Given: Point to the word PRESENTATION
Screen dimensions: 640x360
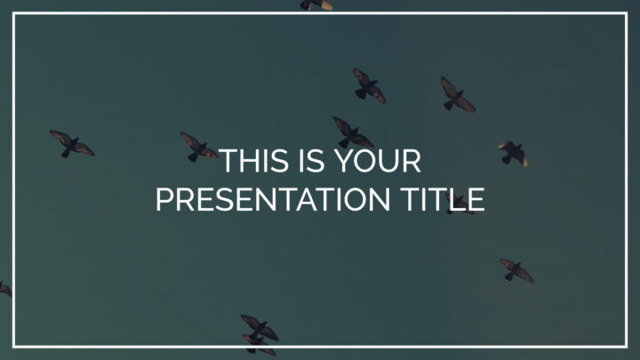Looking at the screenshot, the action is tap(273, 200).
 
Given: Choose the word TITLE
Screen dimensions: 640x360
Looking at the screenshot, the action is tap(443, 200).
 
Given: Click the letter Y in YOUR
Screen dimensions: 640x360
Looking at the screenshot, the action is tap(345, 161).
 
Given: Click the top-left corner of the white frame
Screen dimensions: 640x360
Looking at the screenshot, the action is tap(14, 13).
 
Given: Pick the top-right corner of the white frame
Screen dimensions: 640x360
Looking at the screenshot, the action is tap(626, 13).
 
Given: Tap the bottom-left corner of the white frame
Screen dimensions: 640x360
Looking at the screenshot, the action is tap(14, 347).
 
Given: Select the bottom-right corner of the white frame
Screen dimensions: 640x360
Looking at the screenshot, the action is tap(626, 347).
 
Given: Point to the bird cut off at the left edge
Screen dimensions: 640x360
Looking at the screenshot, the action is tap(5, 289).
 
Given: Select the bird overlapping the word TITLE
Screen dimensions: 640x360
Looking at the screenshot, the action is tap(460, 204).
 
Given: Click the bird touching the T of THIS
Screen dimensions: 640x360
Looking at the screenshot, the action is tap(198, 148).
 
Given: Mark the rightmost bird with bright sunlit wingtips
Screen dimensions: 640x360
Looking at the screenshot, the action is tap(514, 154).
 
